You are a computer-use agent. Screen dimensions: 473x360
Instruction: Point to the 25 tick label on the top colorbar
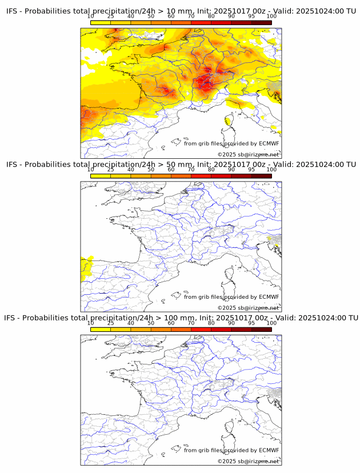111,16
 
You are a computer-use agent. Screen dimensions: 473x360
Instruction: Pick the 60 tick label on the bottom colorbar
171,323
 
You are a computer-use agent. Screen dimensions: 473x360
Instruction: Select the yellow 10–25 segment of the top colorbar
101,22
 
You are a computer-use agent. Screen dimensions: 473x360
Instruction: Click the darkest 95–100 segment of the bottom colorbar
261,329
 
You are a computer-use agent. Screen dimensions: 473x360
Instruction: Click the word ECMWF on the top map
269,143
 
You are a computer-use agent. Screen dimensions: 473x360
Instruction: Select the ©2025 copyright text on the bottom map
227,461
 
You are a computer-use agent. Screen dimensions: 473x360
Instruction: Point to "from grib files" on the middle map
203,297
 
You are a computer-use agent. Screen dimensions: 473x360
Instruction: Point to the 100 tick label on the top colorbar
271,16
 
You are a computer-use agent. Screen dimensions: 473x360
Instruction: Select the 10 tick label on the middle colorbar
91,170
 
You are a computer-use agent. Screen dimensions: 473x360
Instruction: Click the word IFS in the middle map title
12,165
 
